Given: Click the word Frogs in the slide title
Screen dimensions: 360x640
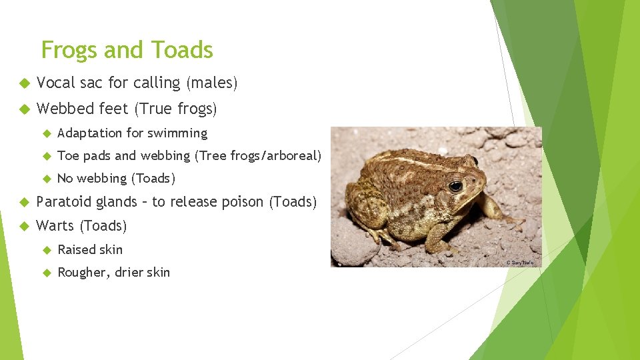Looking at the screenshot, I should (x=69, y=50).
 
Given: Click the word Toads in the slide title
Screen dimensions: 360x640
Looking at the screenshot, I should (x=182, y=50).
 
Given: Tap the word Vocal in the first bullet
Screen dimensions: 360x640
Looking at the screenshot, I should (x=56, y=83).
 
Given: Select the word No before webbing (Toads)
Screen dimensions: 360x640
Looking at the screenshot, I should (x=65, y=178).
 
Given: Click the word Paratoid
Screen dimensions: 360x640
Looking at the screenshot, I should (x=63, y=201).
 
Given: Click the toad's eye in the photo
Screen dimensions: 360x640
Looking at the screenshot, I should (x=456, y=186).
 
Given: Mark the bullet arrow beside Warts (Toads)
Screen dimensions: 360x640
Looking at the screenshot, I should (x=23, y=226).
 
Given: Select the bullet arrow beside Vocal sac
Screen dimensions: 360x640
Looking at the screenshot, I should (x=23, y=83).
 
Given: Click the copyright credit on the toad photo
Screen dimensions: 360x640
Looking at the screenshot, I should (x=523, y=263).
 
